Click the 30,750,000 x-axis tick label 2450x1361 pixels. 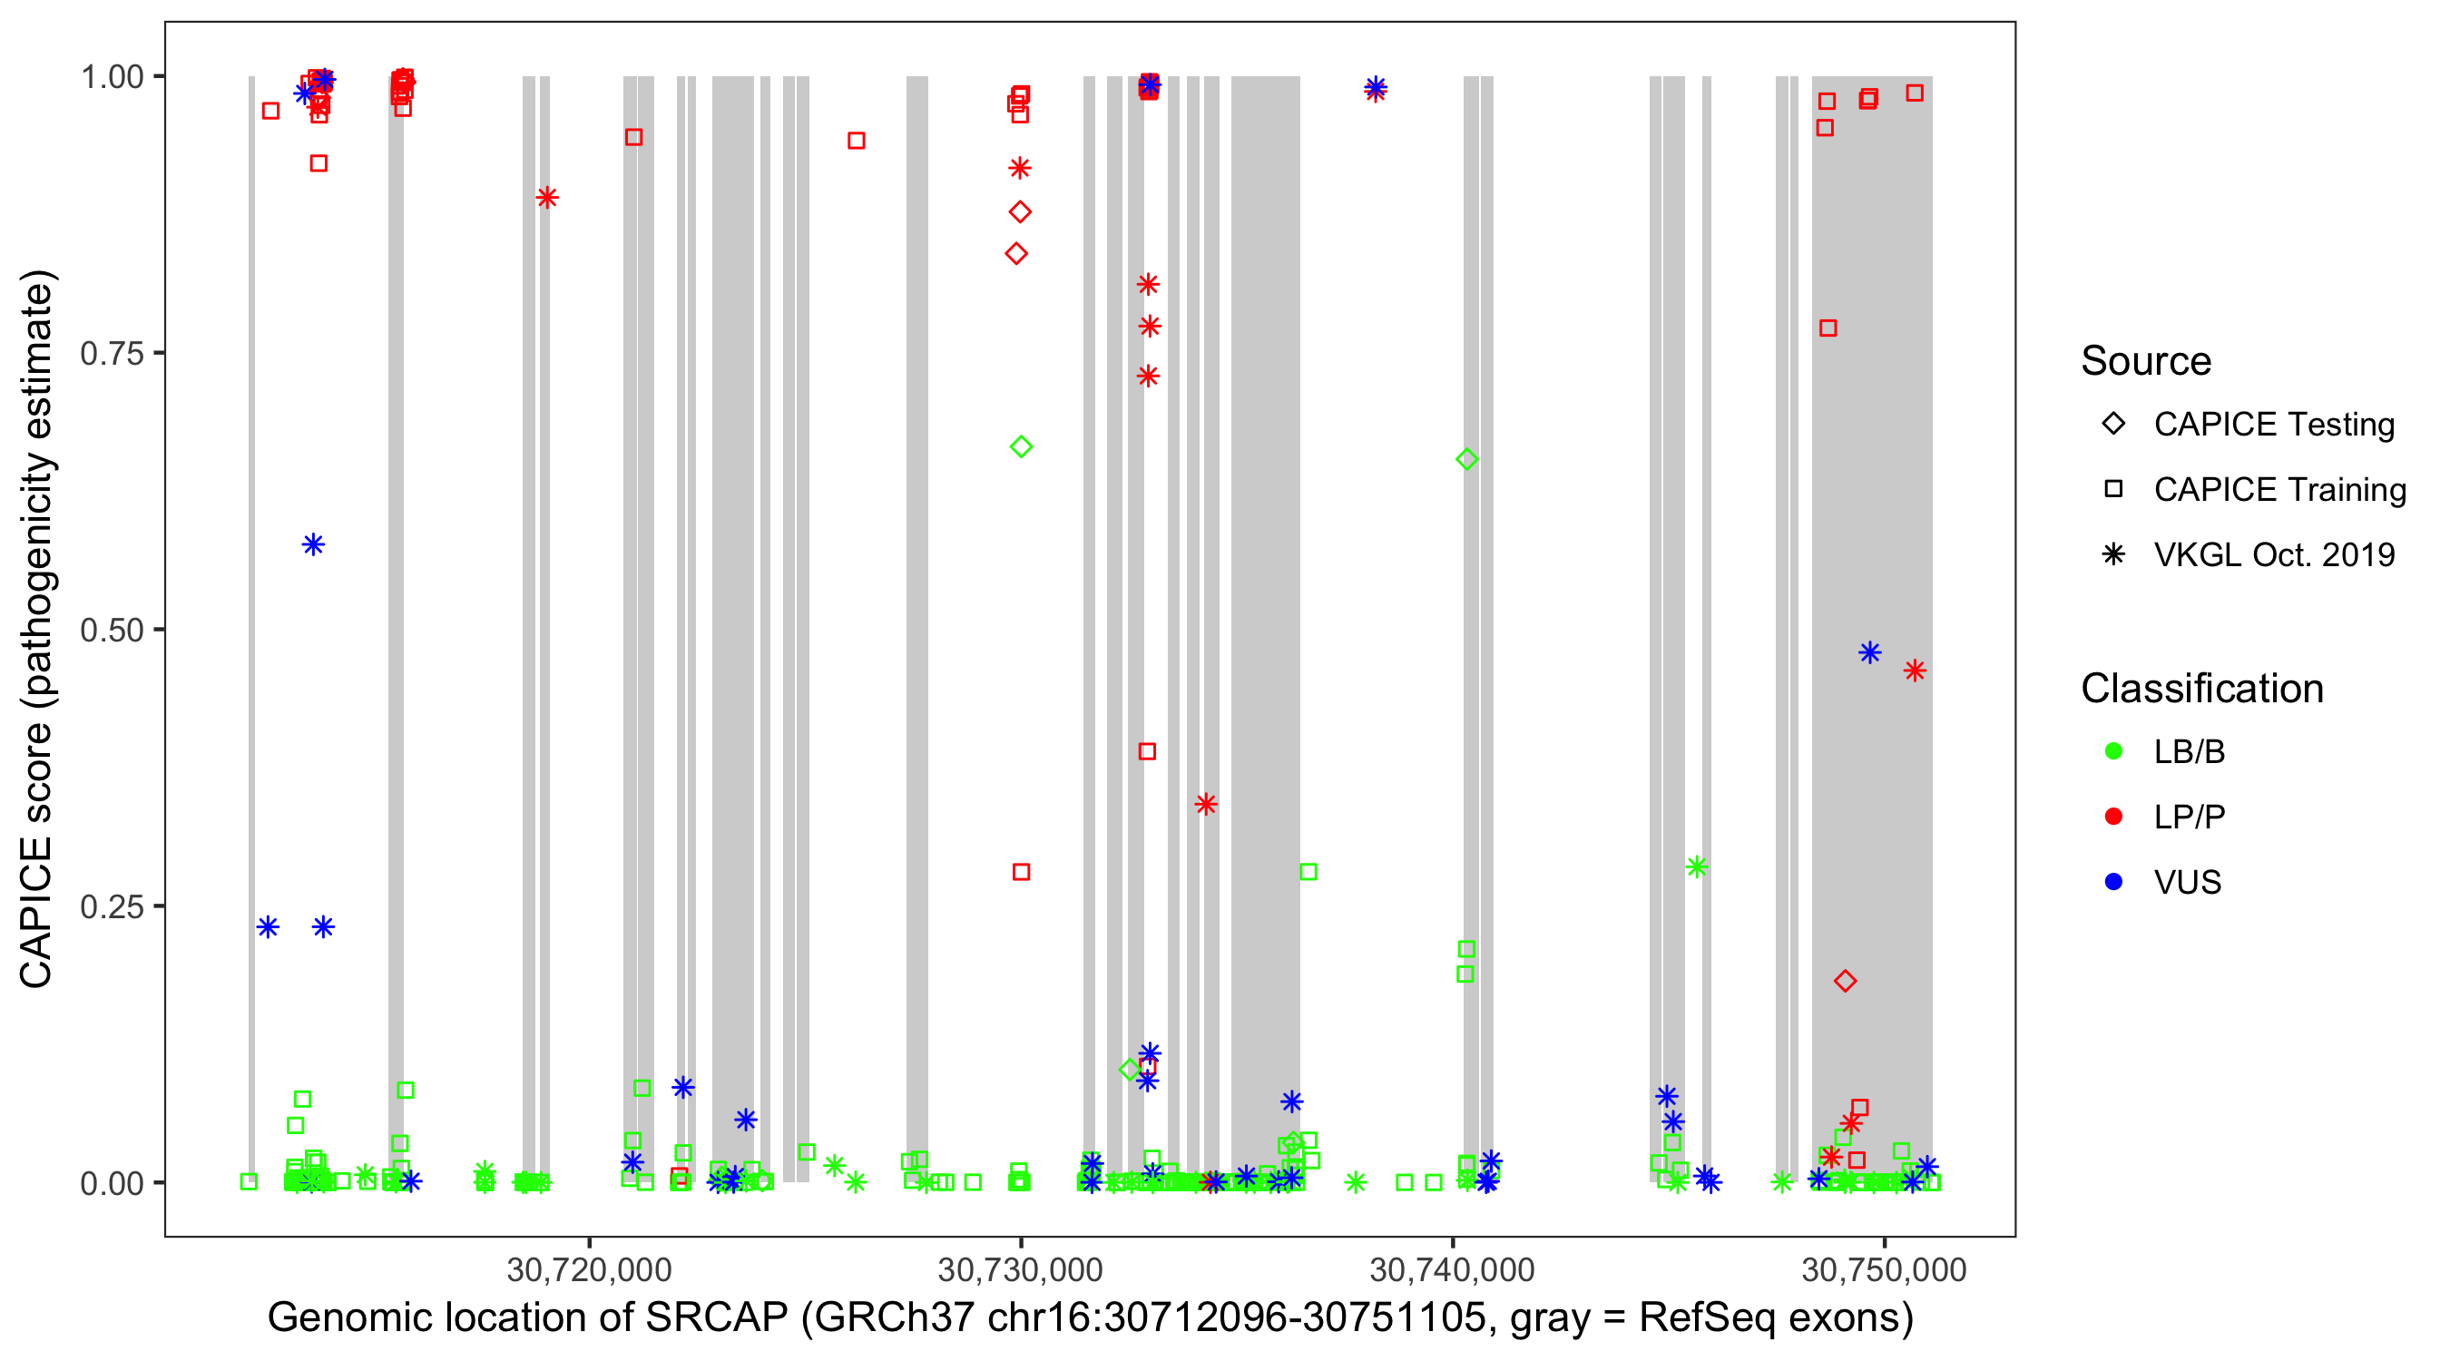(1883, 1269)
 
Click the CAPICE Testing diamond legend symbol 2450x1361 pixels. (2113, 425)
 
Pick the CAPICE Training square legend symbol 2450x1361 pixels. (2113, 490)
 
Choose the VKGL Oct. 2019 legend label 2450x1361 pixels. (2273, 555)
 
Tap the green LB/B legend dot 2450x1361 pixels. (2113, 751)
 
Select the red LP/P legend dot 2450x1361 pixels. (2113, 817)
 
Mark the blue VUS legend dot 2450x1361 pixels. (2113, 883)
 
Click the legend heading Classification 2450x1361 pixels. (2201, 689)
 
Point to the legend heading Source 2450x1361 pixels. (2146, 361)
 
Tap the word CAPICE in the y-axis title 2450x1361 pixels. (36, 913)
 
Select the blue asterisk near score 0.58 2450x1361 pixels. (313, 545)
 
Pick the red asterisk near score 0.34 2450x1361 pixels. (1206, 805)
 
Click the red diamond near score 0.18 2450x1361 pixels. (1845, 981)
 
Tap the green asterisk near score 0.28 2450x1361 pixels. (1697, 867)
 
